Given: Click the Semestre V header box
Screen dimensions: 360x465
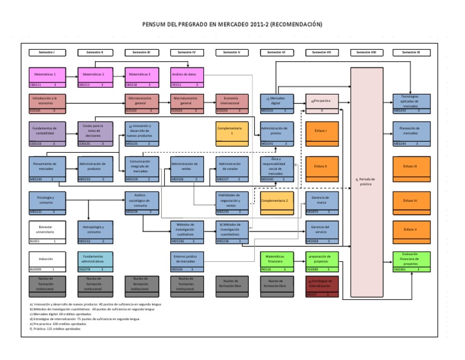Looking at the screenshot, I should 233,52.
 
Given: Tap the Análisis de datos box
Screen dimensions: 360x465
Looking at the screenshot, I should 188,77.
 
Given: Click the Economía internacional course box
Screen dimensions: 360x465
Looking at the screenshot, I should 233,103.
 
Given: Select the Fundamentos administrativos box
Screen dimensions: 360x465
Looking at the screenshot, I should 96,261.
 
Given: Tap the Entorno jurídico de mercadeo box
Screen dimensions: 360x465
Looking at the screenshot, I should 188,261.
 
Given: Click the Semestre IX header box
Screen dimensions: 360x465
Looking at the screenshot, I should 411,52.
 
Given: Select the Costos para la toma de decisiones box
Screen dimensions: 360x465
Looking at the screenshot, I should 96,133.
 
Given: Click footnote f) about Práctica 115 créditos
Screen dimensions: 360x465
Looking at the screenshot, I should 56,328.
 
